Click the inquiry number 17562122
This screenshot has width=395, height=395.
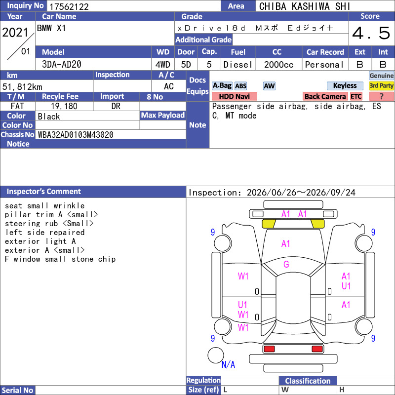click(69, 6)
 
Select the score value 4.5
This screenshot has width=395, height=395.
click(371, 33)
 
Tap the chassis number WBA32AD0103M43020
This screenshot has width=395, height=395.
click(76, 135)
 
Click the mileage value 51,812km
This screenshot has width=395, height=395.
click(22, 87)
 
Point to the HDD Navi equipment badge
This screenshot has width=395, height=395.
click(234, 96)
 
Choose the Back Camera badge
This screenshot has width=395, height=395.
click(325, 96)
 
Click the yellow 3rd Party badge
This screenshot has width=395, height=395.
click(381, 85)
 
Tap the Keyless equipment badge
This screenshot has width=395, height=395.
click(345, 85)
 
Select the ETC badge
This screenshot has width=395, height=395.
click(356, 96)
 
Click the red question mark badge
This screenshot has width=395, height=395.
click(381, 96)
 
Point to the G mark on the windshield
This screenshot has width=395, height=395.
click(286, 264)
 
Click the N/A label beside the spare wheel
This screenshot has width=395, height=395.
click(228, 364)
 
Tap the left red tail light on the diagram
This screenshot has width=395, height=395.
click(269, 349)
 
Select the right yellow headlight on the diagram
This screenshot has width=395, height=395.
click(317, 224)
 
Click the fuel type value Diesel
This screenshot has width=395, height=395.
click(238, 65)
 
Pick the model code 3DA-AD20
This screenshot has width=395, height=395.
click(62, 65)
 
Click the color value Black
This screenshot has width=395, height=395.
click(49, 117)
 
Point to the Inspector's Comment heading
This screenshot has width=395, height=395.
click(44, 192)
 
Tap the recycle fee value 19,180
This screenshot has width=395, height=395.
click(64, 106)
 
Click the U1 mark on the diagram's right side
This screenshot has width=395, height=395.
click(346, 286)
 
